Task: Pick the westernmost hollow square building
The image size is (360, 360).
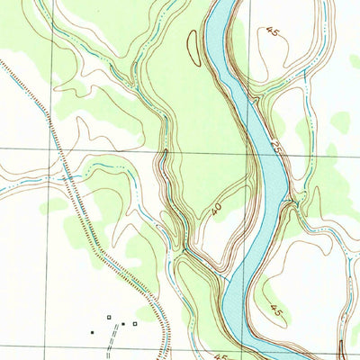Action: (109, 318)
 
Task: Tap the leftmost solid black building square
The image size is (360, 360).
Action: (91, 331)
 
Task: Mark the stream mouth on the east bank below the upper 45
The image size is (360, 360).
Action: (256, 99)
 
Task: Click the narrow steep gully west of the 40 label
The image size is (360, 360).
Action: (166, 171)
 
